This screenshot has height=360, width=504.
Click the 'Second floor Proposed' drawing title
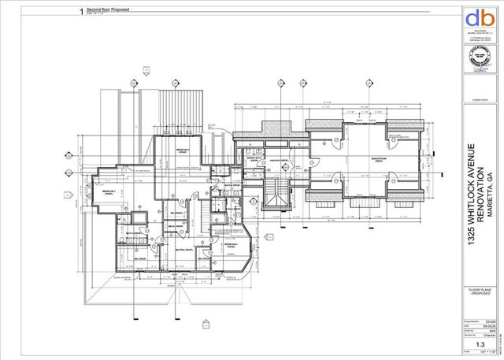click(x=109, y=10)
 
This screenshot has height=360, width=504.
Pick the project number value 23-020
click(x=488, y=321)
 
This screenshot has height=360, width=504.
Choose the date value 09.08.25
click(x=488, y=325)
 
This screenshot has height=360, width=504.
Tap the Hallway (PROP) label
click(x=278, y=160)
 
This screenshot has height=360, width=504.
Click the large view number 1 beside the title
click(x=82, y=11)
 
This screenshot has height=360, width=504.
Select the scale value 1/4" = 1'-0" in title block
click(x=488, y=351)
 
